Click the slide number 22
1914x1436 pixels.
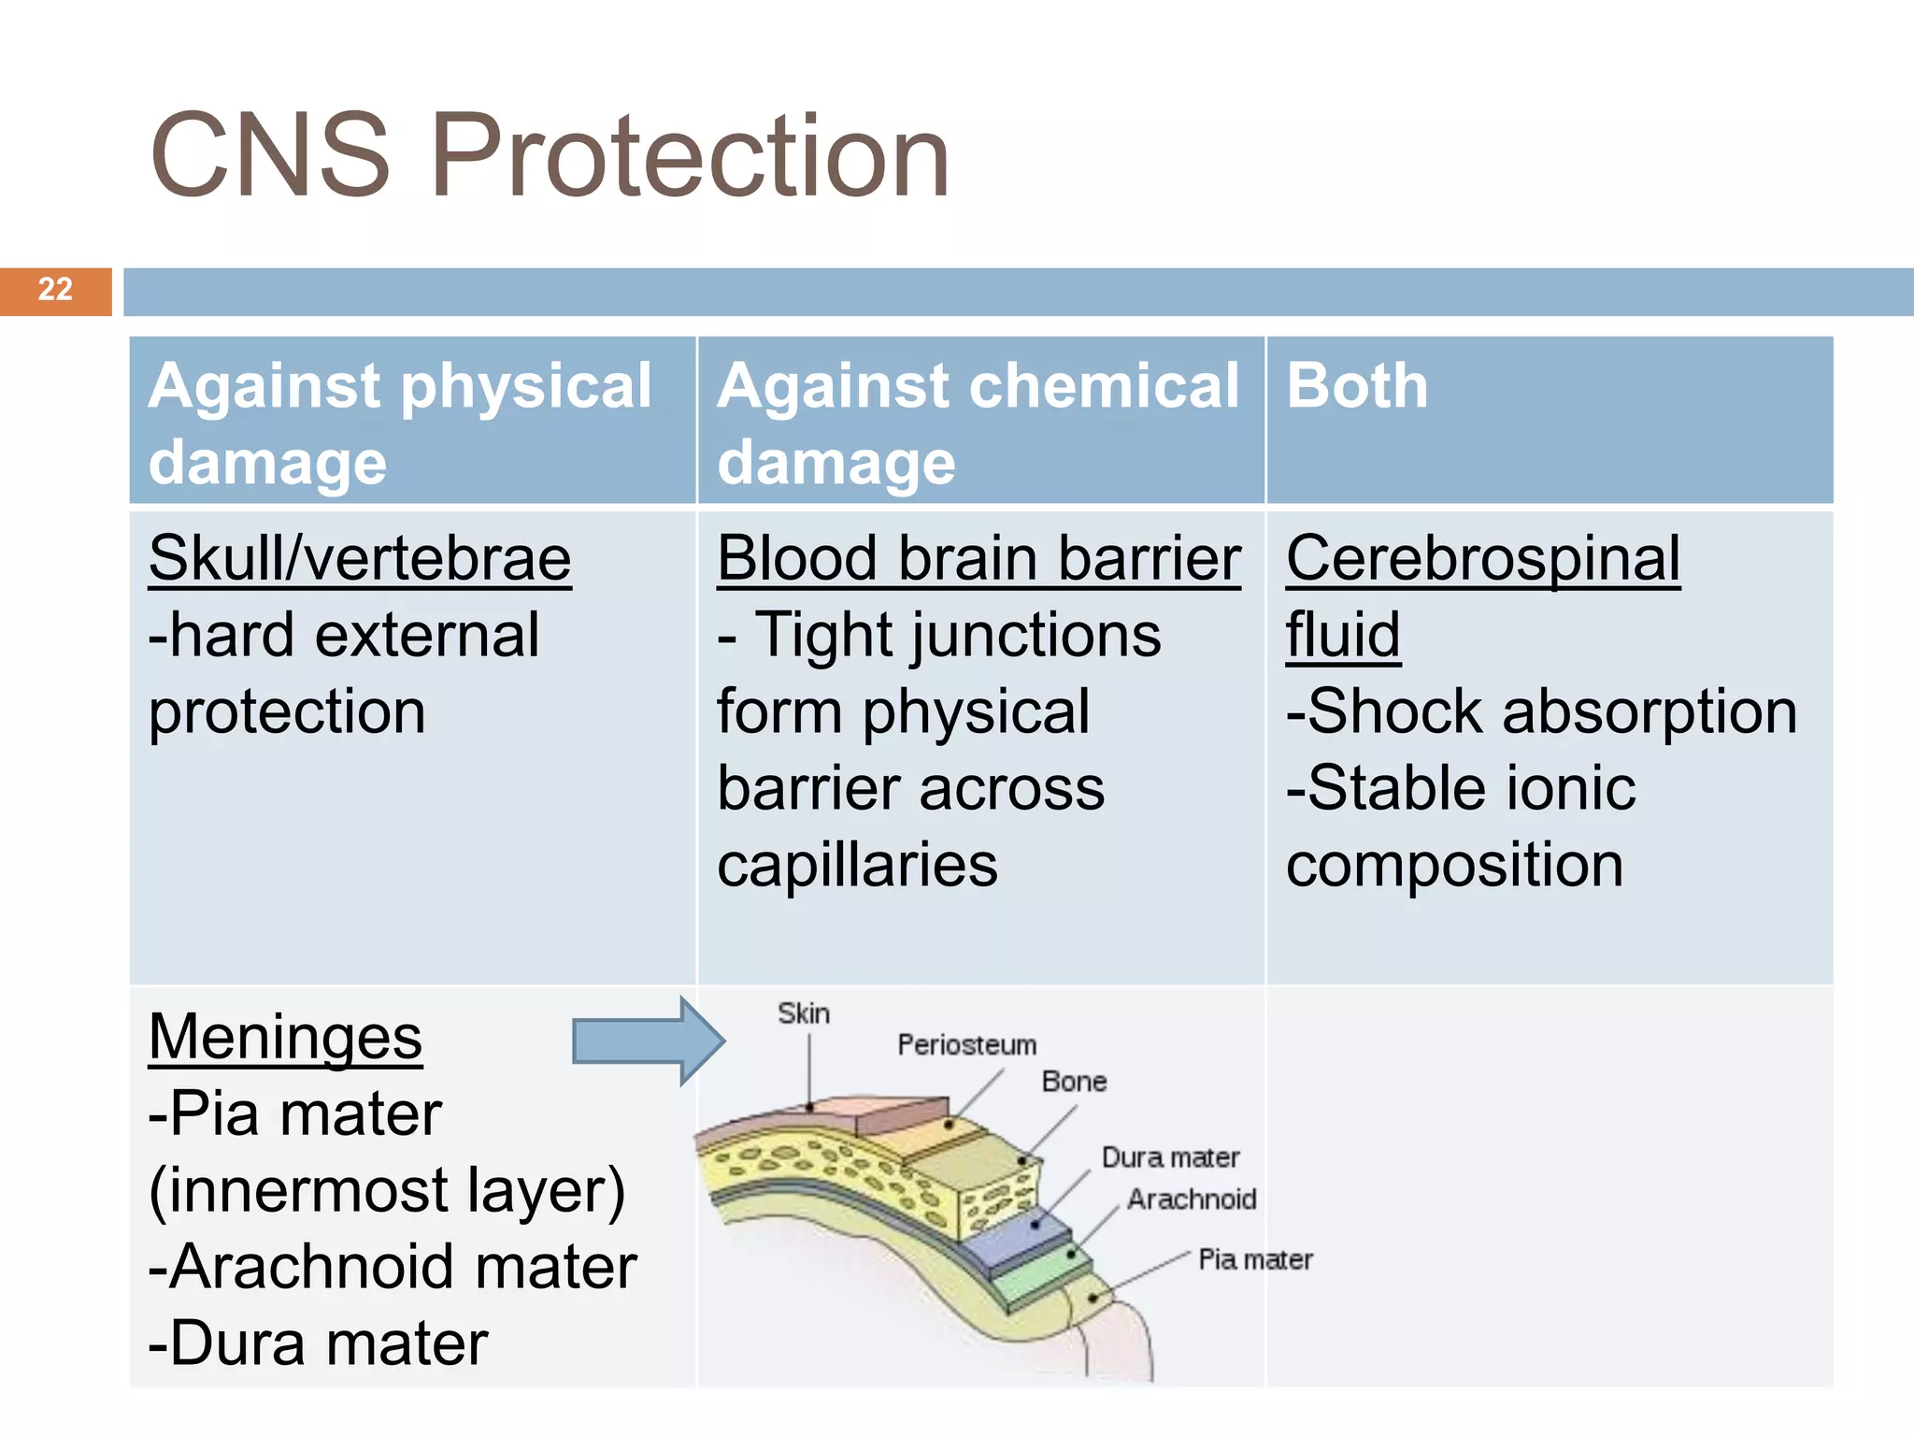point(55,289)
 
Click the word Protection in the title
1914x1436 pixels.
point(690,156)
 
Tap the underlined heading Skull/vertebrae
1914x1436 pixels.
point(360,559)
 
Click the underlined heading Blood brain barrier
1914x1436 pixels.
point(978,559)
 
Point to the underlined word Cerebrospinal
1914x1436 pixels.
point(1483,559)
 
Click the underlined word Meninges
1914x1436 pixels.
point(285,1038)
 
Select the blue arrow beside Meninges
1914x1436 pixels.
point(648,1041)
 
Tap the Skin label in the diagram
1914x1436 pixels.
point(804,1013)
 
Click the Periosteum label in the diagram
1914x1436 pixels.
point(967,1045)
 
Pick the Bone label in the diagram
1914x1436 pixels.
point(1074,1082)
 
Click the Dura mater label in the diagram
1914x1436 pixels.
point(1170,1157)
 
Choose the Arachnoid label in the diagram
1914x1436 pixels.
point(1192,1199)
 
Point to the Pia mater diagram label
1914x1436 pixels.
point(1255,1259)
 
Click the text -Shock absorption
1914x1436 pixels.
point(1541,711)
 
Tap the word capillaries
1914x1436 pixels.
point(857,865)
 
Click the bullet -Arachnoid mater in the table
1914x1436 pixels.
point(393,1268)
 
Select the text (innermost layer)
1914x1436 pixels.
point(387,1191)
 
